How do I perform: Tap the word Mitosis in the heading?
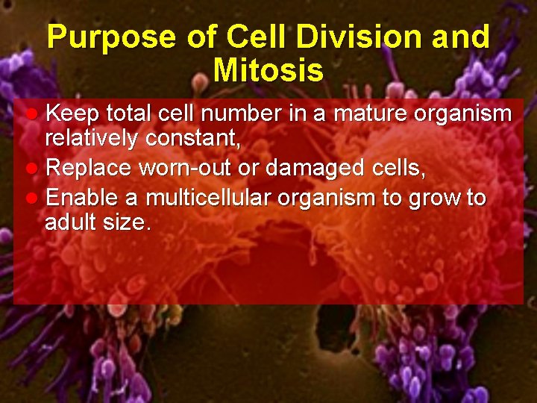pyautogui.click(x=268, y=71)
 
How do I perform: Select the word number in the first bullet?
pyautogui.click(x=243, y=114)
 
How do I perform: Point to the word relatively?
pyautogui.click(x=92, y=138)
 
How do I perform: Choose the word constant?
pyautogui.click(x=193, y=138)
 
